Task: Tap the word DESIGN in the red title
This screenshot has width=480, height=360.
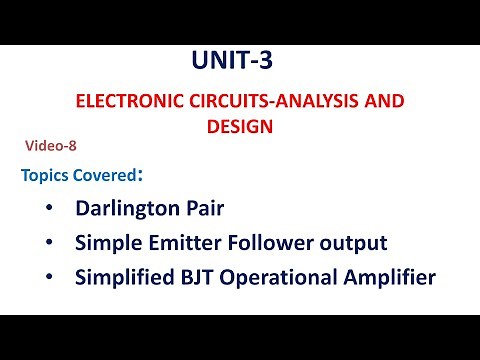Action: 239,127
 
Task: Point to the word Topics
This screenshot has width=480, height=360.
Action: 45,176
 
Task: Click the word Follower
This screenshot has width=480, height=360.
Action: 264,243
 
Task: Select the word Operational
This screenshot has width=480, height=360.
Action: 276,277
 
